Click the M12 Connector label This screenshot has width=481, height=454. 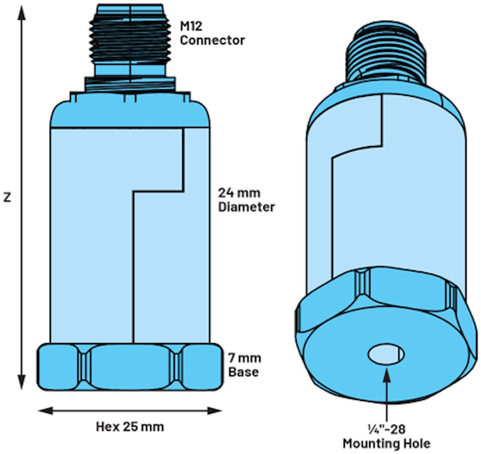[x=212, y=33]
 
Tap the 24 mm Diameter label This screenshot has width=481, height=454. [x=246, y=200]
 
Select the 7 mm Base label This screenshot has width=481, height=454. [x=245, y=365]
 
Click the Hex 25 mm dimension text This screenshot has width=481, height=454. [x=130, y=426]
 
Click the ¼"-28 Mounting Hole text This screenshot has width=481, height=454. [x=386, y=437]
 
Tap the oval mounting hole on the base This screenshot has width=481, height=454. [x=386, y=355]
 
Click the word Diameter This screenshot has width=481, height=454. [x=246, y=207]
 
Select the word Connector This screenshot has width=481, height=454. [x=212, y=40]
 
